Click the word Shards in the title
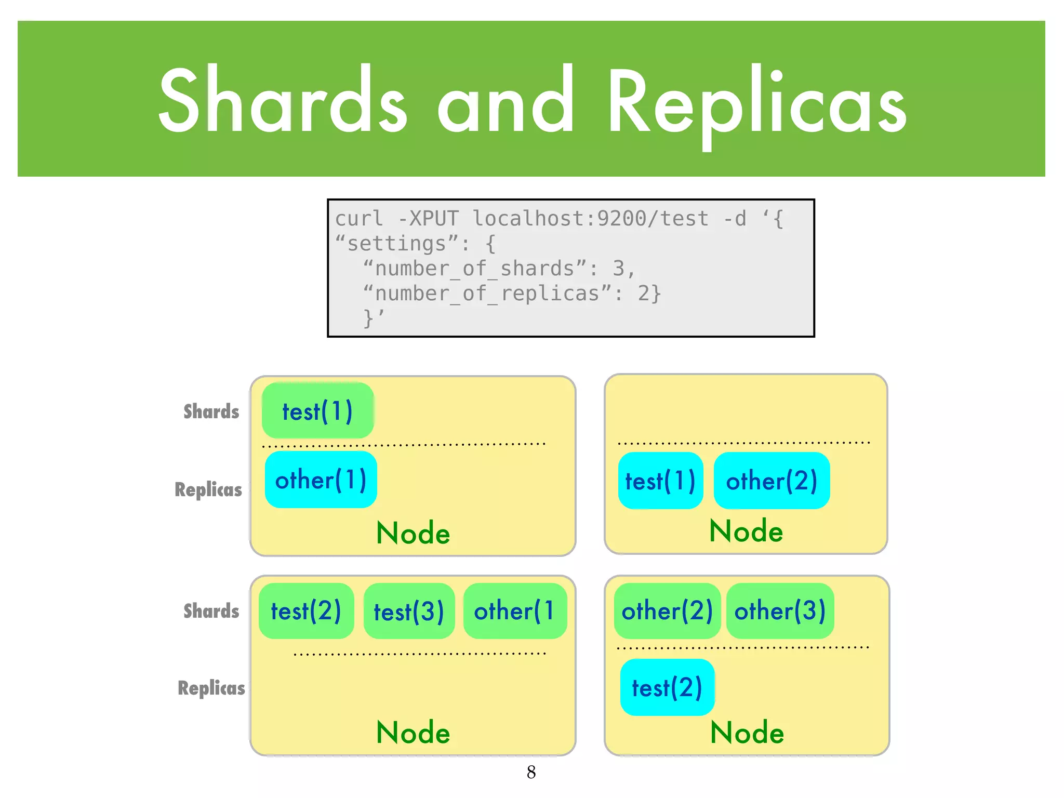coord(283,101)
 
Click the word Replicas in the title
coord(756,104)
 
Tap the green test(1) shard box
coord(317,411)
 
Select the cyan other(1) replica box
coord(321,480)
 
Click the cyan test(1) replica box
coord(660,481)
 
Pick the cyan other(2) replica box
coord(772,481)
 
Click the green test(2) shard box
coord(306,611)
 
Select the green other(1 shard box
coord(514,611)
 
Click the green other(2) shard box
coord(667,611)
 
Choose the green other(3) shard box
coord(780,611)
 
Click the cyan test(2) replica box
coord(667,687)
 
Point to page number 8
coord(531,772)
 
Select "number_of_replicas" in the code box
coord(487,294)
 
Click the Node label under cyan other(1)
coord(413,533)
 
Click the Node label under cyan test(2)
coord(747,733)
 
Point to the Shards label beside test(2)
coord(211,611)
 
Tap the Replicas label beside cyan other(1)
coord(208,489)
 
